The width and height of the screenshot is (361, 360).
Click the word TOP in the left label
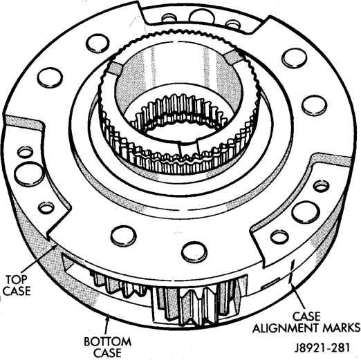click(x=17, y=279)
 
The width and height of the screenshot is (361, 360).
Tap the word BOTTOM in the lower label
click(x=108, y=341)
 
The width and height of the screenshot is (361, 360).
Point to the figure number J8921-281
click(x=322, y=348)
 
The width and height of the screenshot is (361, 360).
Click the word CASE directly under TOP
click(x=17, y=291)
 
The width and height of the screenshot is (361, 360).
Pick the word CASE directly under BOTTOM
click(x=108, y=353)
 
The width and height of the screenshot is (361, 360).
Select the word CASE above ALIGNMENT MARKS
click(x=306, y=316)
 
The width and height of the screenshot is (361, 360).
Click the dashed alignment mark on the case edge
click(x=291, y=272)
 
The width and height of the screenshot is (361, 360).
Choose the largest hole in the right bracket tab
click(x=306, y=212)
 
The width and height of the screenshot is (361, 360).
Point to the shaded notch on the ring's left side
click(x=114, y=68)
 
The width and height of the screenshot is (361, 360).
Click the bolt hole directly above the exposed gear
click(x=194, y=252)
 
